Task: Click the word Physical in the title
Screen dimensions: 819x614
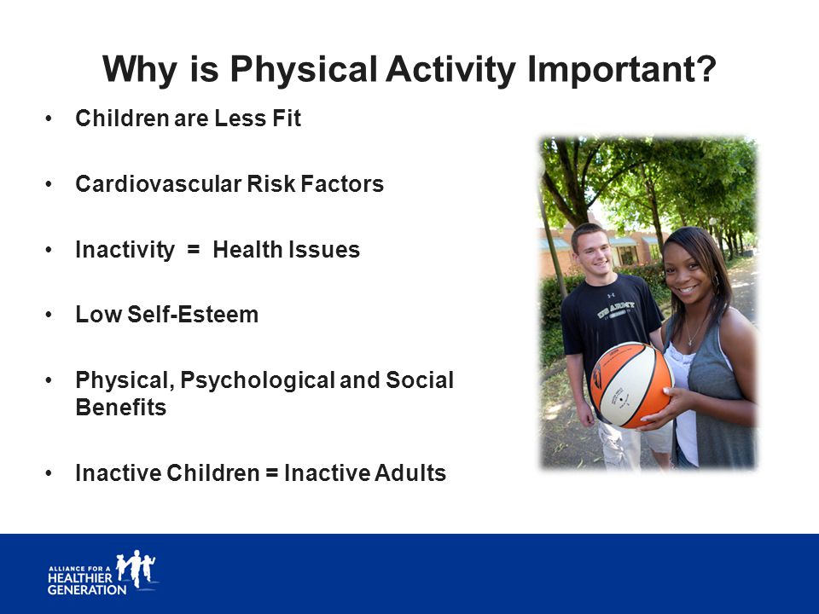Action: (x=304, y=69)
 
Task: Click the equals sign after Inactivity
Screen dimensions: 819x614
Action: (x=194, y=250)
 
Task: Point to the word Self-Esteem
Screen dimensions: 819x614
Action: (x=193, y=315)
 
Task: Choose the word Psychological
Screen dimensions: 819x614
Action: (x=257, y=380)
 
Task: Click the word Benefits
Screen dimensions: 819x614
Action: (x=120, y=408)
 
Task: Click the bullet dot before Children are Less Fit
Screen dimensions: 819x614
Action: (x=49, y=119)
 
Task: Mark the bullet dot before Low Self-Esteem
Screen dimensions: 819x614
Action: (x=49, y=315)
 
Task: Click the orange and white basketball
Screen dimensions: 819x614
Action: (x=631, y=385)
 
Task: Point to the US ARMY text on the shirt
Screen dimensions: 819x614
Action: (x=617, y=308)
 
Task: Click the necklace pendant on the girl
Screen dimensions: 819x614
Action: (x=690, y=342)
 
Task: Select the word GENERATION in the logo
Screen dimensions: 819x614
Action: (x=87, y=590)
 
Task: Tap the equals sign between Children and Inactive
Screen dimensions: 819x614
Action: (x=271, y=473)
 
